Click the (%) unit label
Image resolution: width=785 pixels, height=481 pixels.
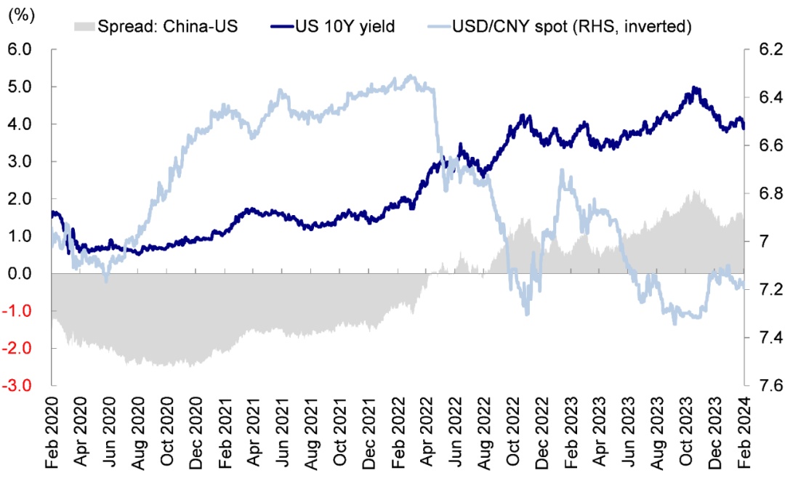point(20,17)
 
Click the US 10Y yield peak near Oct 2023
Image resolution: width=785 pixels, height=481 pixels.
point(695,88)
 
